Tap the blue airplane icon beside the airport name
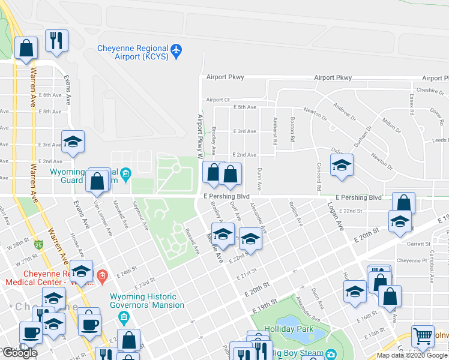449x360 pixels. pyautogui.click(x=176, y=52)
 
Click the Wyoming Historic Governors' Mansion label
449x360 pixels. pyautogui.click(x=143, y=301)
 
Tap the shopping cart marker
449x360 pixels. pyautogui.click(x=423, y=337)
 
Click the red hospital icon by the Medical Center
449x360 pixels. pyautogui.click(x=101, y=277)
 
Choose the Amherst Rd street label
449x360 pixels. pyautogui.click(x=274, y=131)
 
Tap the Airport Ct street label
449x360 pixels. pyautogui.click(x=218, y=100)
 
